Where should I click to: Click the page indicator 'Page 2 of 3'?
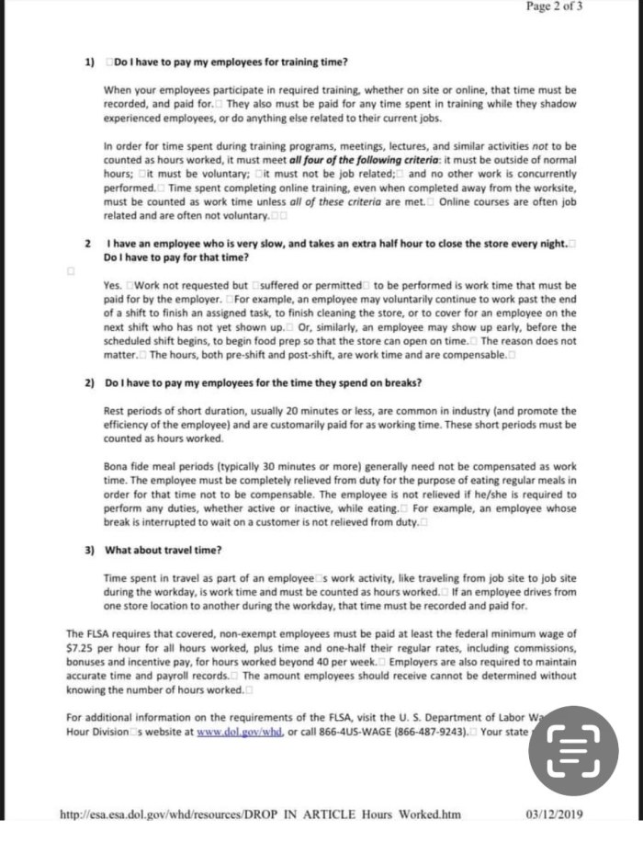pyautogui.click(x=554, y=6)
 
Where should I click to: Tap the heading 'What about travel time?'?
pyautogui.click(x=164, y=550)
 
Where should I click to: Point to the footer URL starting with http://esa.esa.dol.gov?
pyautogui.click(x=259, y=814)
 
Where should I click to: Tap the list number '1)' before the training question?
pyautogui.click(x=90, y=63)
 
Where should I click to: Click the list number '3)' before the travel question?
pyautogui.click(x=90, y=550)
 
